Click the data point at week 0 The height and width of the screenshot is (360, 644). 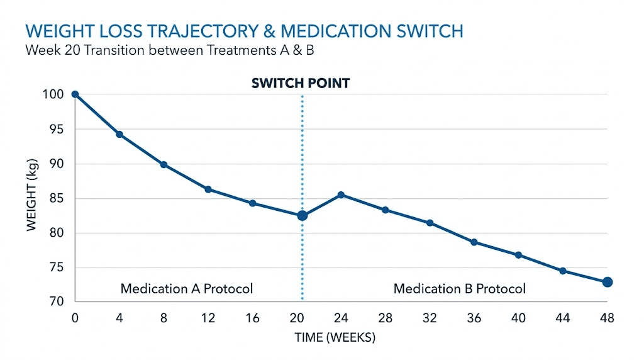click(75, 94)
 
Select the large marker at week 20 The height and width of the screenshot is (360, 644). click(303, 216)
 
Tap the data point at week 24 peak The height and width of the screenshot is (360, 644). click(341, 195)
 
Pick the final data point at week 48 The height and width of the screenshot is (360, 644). click(607, 282)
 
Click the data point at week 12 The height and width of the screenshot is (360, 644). click(208, 189)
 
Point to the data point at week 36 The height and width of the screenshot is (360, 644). click(474, 242)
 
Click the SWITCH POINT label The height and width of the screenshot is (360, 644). click(301, 83)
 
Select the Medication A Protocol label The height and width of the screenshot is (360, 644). click(187, 289)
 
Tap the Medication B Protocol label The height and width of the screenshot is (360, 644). click(459, 289)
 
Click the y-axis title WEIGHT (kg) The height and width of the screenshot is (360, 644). click(33, 198)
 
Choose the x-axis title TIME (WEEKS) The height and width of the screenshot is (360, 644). click(335, 338)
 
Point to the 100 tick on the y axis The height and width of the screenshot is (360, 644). click(53, 94)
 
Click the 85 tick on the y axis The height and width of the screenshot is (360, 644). click(56, 199)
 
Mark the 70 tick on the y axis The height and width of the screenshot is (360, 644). click(56, 302)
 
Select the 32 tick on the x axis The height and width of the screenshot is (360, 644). click(430, 319)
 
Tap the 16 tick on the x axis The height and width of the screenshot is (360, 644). click(252, 319)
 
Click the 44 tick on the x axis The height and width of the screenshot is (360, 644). click(563, 319)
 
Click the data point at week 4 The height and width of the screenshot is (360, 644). click(119, 134)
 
